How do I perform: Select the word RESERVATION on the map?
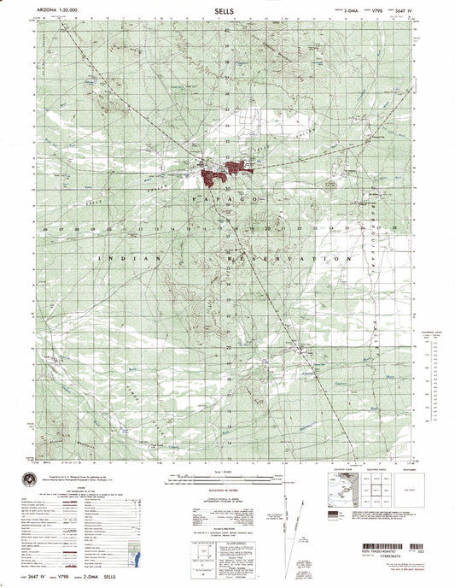[309, 257]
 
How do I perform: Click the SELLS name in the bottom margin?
[137, 579]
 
